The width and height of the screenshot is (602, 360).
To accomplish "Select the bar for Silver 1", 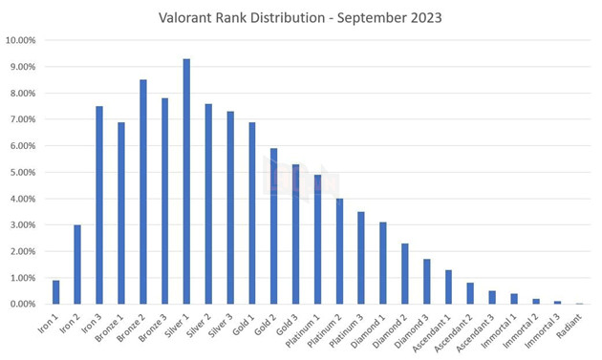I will [x=186, y=181].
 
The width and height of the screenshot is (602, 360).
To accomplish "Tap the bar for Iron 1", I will [x=55, y=292].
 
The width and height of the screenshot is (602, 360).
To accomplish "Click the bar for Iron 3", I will [x=99, y=204].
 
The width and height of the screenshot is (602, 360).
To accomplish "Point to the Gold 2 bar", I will [x=273, y=226].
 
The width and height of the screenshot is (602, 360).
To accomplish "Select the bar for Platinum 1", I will [x=317, y=240].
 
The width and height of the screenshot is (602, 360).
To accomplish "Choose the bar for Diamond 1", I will [x=382, y=263].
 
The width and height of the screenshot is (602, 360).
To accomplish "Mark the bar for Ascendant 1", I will [x=448, y=286].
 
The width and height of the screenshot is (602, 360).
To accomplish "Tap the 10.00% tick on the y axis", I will [x=21, y=41].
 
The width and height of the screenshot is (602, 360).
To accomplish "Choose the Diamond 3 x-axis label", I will [x=412, y=328].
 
